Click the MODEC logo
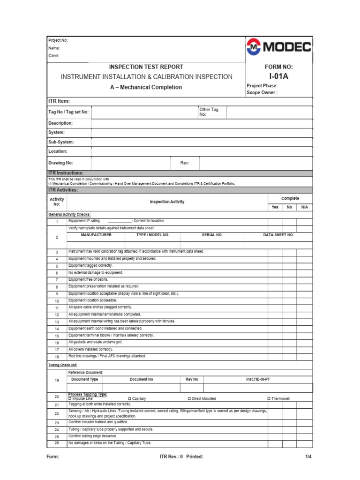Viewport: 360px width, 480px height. point(278,47)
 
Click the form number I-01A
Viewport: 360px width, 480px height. point(278,76)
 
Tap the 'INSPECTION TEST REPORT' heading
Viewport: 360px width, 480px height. point(146,67)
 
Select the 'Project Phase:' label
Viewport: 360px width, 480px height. point(262,86)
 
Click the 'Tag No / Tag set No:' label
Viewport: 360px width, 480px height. point(68,112)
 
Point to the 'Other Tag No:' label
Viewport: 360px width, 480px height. point(209,112)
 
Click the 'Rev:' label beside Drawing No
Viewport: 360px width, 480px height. point(184,163)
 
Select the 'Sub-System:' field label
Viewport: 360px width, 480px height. point(61,142)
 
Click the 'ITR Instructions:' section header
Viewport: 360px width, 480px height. point(66,173)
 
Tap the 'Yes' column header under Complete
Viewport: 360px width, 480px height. point(275,207)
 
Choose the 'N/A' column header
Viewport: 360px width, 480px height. point(305,207)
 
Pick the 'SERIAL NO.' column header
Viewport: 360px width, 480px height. point(212,234)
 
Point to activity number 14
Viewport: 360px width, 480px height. point(57,329)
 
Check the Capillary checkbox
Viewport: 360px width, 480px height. point(130,398)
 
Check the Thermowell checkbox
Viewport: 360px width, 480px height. point(269,398)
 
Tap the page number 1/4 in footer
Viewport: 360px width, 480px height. point(308,457)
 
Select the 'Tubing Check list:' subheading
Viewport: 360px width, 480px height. point(63,364)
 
